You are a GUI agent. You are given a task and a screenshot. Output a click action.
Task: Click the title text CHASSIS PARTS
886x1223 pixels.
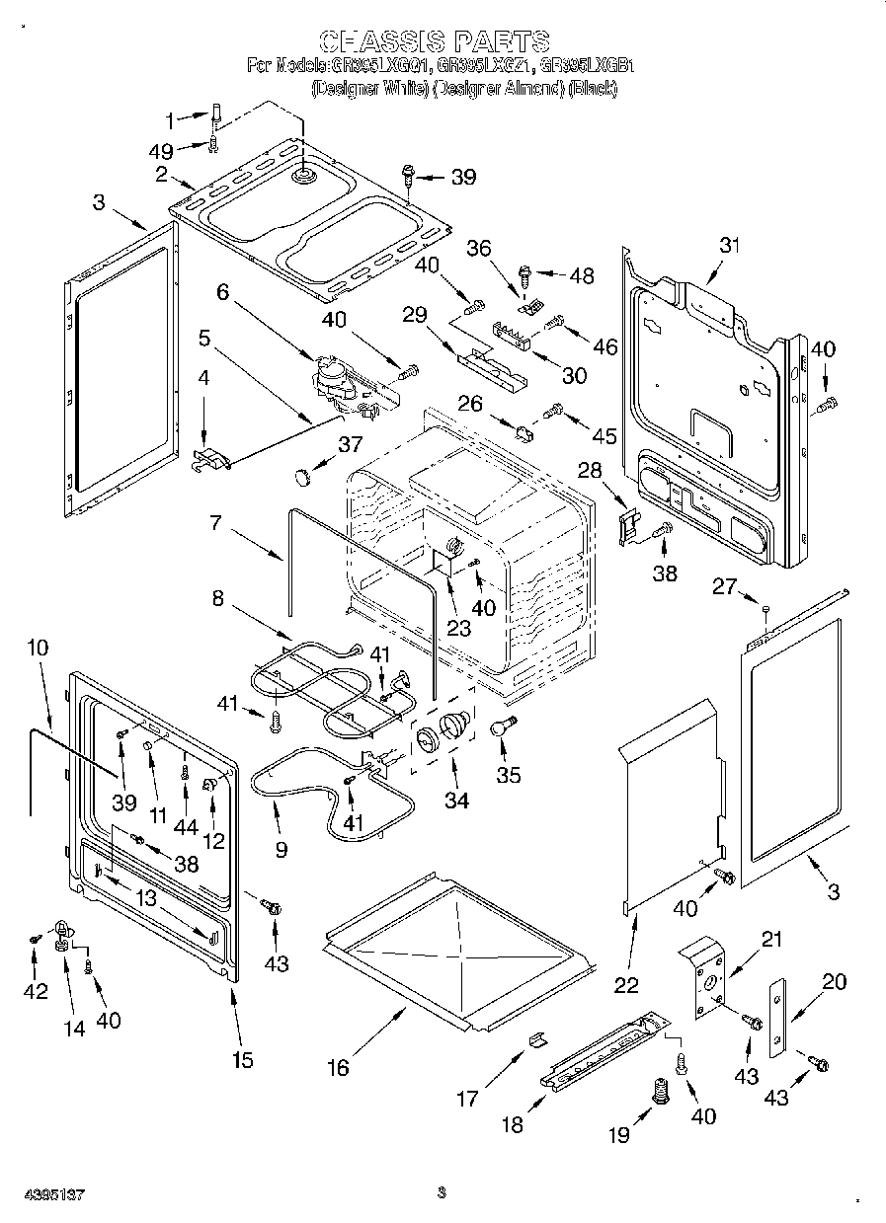[435, 40]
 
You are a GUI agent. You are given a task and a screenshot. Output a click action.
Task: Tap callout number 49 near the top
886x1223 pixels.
[160, 151]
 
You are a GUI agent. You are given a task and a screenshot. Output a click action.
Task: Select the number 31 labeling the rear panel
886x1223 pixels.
[730, 246]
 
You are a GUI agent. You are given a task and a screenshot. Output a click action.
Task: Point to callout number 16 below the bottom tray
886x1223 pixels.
[339, 1067]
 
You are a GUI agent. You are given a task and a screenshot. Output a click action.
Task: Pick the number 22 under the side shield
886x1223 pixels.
[626, 983]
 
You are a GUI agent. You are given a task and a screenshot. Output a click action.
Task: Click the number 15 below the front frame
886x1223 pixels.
[242, 1060]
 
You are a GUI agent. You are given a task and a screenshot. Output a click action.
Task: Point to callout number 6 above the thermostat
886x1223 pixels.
[222, 292]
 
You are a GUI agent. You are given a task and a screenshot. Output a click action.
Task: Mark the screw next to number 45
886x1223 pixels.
[555, 408]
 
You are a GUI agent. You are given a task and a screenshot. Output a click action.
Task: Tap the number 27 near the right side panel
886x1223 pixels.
[724, 586]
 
